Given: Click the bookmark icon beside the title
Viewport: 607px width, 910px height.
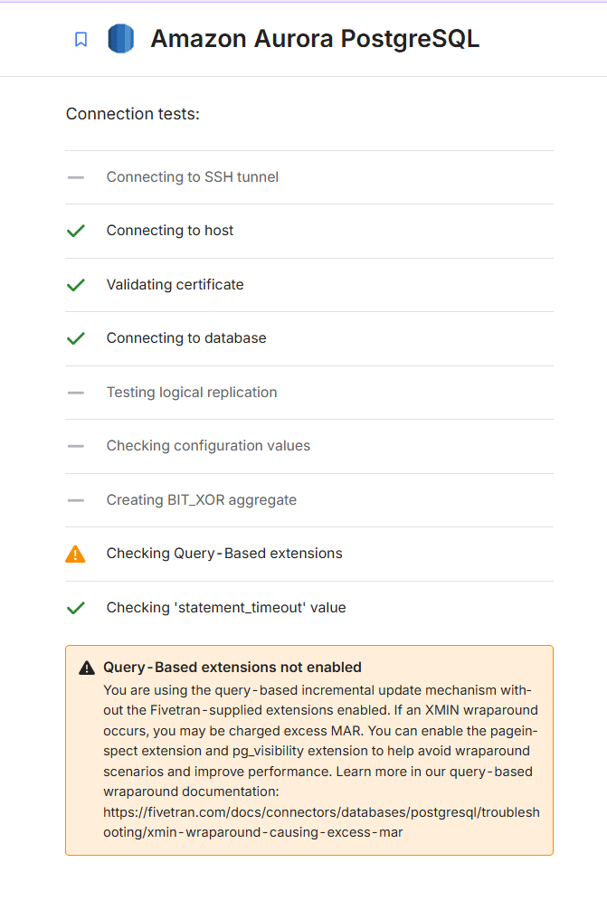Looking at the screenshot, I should click(x=81, y=40).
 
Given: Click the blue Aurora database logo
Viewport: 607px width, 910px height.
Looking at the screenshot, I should click(x=120, y=39).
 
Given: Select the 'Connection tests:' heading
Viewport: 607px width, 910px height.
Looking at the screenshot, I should click(x=133, y=114).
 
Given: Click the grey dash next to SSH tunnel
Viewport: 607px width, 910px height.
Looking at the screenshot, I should click(x=76, y=177).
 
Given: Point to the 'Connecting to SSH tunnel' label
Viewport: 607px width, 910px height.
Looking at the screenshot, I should click(x=192, y=177).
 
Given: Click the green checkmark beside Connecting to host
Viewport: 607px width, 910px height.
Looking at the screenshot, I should click(x=76, y=231).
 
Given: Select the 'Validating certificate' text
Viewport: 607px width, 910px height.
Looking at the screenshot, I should click(x=175, y=284).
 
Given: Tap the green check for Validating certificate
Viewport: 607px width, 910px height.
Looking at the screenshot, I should click(x=76, y=284).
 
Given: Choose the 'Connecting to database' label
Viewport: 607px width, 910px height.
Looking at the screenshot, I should click(x=185, y=338).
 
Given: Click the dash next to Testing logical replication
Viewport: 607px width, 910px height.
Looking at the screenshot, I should click(x=76, y=393).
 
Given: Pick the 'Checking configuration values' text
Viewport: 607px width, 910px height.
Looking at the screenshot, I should click(x=208, y=446).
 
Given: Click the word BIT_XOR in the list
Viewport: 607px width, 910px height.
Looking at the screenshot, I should click(x=195, y=500).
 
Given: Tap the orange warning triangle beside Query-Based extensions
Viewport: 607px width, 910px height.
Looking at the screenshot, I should click(x=76, y=554).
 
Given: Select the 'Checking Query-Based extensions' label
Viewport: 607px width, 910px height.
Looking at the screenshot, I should click(x=224, y=554).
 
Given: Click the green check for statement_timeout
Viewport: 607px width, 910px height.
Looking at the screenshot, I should click(x=76, y=608).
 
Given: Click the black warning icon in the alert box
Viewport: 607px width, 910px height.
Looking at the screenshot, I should click(x=87, y=668).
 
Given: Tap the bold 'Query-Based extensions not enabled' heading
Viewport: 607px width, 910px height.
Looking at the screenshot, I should click(x=232, y=668).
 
